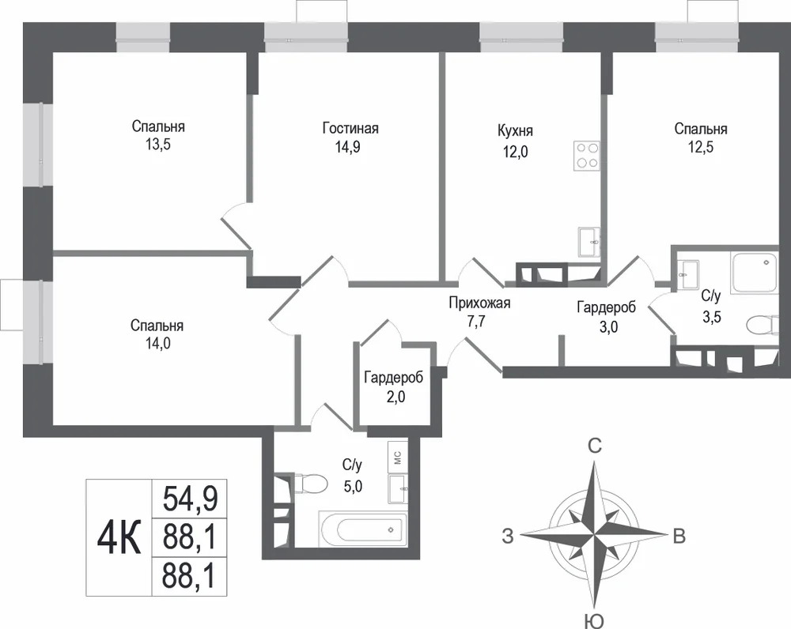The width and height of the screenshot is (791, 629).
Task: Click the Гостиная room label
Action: click(350, 128)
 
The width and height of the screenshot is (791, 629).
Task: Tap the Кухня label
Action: click(515, 130)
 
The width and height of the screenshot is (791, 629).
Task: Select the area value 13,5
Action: click(158, 145)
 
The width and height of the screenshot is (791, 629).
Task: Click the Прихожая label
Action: click(480, 303)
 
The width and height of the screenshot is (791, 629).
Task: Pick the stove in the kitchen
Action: click(587, 155)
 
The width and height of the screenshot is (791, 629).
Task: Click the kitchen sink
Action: click(589, 242)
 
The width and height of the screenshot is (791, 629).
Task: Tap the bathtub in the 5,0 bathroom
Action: click(363, 529)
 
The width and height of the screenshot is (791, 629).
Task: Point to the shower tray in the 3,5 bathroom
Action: click(754, 272)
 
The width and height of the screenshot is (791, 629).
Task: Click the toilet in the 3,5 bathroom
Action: click(763, 325)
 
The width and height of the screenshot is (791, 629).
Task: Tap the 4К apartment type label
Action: click(119, 537)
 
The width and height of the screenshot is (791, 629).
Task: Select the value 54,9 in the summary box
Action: click(190, 499)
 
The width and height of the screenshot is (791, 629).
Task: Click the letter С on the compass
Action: click(596, 446)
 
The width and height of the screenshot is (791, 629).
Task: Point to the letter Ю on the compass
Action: click(596, 621)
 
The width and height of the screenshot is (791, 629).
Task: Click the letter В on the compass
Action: click(679, 537)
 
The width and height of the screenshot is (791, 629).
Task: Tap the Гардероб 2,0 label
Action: click(394, 387)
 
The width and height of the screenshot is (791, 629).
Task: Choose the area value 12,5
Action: click(701, 147)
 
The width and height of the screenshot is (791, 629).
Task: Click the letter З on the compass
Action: click(508, 537)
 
